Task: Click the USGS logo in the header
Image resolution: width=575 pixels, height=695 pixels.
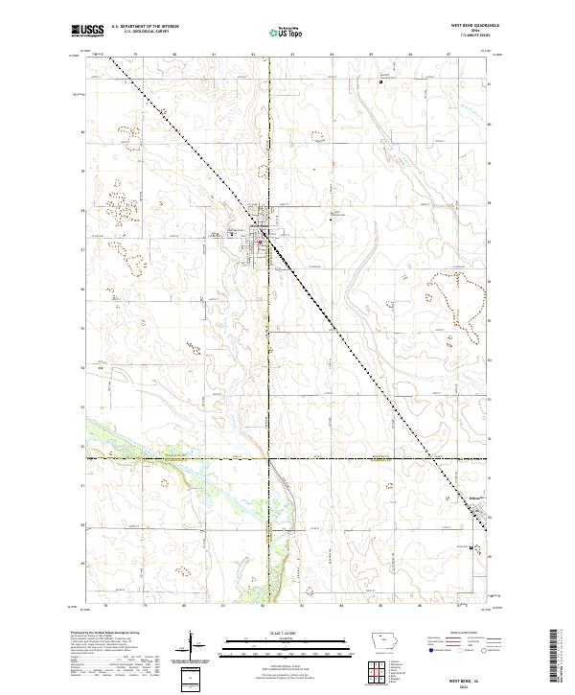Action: [x=87, y=31]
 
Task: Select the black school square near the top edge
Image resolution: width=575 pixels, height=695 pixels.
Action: [x=381, y=81]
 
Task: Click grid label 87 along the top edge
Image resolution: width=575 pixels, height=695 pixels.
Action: [x=448, y=56]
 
